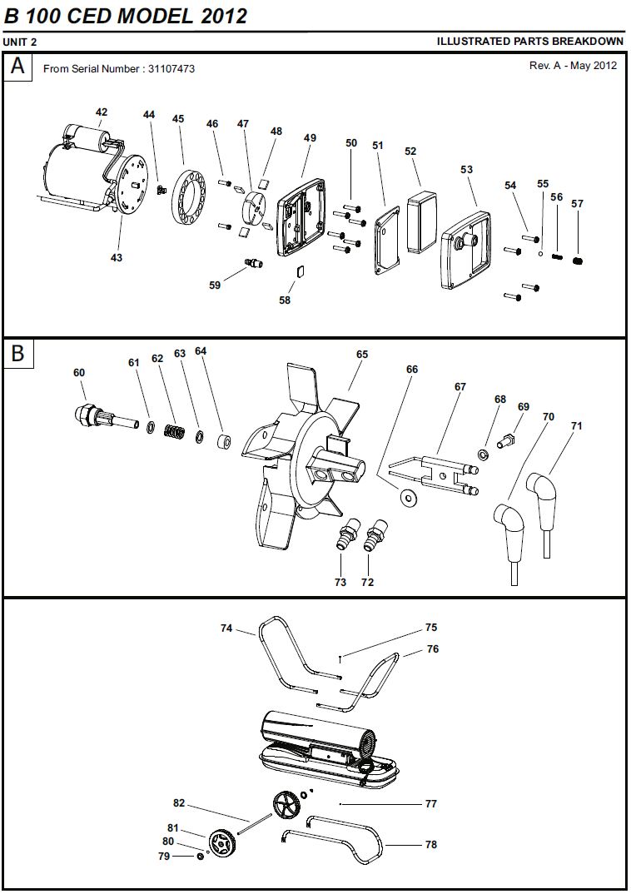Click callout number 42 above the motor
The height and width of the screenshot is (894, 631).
(102, 112)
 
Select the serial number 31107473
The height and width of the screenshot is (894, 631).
(171, 69)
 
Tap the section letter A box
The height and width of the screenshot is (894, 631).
(18, 67)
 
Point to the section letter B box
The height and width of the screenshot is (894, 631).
(18, 354)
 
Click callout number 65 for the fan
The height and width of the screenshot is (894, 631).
(361, 355)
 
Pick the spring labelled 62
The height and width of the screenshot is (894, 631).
(174, 432)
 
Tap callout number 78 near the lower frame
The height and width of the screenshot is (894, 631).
(430, 844)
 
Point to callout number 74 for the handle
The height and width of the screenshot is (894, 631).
(226, 628)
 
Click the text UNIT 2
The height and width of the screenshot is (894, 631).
(20, 42)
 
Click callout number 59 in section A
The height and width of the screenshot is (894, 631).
(215, 285)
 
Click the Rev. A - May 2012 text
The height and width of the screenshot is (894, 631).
(573, 66)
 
